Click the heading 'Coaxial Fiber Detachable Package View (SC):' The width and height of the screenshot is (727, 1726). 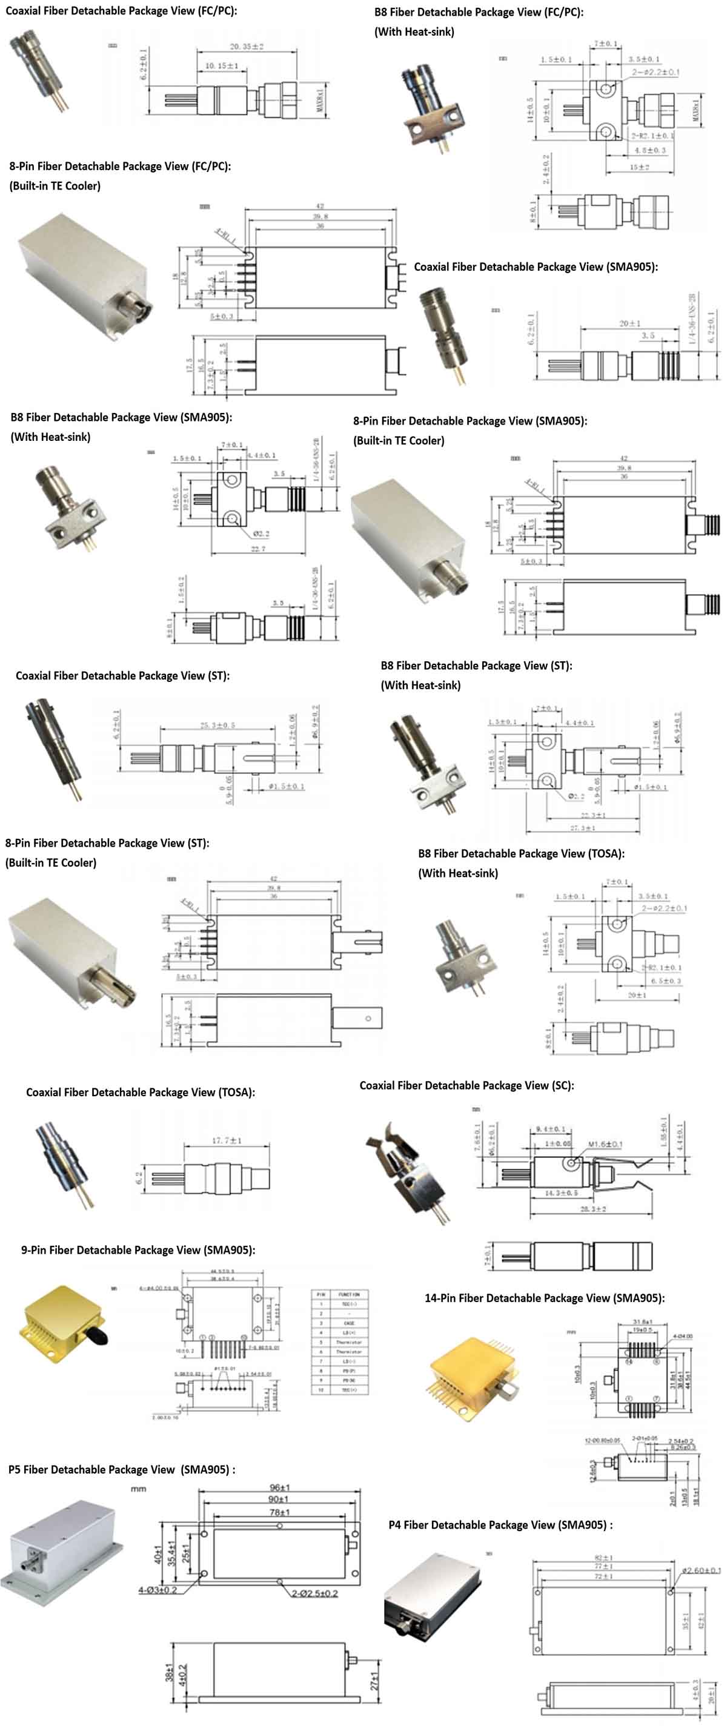point(466,1085)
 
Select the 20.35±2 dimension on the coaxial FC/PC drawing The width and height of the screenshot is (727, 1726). point(247,47)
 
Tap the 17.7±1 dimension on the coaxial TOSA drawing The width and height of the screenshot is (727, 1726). point(227,1140)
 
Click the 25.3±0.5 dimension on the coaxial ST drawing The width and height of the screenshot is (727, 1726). point(217,725)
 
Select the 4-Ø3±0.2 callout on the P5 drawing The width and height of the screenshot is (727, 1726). point(158,1590)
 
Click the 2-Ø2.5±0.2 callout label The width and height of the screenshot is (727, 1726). point(314,1593)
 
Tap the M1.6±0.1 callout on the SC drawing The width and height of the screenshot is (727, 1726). point(605,1144)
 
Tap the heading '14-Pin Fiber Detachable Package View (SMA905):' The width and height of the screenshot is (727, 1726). point(544,1298)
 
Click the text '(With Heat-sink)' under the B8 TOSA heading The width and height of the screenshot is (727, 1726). point(457,873)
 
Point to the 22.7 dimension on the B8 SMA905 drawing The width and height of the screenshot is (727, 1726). point(258,549)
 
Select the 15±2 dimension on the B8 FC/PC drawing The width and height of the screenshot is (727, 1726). point(639,167)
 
